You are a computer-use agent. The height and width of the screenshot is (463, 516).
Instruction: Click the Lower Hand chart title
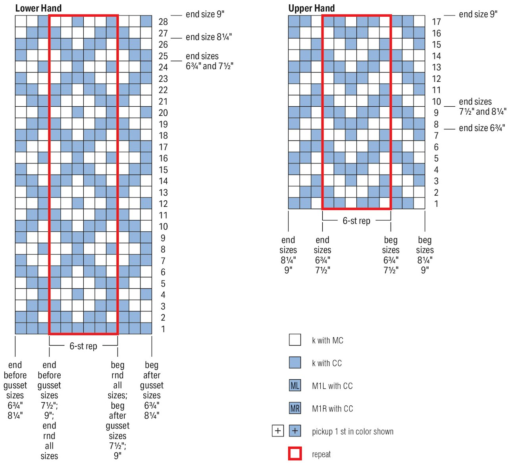(x=38, y=8)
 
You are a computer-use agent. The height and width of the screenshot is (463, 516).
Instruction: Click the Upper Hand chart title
(x=311, y=8)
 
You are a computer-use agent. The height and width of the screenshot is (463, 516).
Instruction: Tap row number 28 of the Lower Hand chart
(x=163, y=22)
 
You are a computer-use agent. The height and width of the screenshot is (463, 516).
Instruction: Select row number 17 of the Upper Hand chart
(x=436, y=22)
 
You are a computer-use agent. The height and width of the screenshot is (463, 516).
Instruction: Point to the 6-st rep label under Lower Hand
(x=83, y=346)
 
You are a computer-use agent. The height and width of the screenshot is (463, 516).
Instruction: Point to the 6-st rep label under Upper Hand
(x=356, y=221)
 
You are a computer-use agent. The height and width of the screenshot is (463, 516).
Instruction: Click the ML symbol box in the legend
(x=295, y=386)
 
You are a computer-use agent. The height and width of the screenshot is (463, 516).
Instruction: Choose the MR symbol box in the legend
(x=295, y=408)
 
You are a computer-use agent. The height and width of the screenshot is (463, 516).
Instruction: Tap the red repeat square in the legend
(x=295, y=453)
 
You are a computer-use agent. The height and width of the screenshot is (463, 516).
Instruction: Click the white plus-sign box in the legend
(x=278, y=431)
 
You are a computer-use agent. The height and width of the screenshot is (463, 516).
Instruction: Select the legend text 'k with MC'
(x=327, y=340)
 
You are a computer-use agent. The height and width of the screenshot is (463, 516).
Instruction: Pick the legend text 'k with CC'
(x=327, y=363)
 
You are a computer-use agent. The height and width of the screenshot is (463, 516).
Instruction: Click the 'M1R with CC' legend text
(x=332, y=409)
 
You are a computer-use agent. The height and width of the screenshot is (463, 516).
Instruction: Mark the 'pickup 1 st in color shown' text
(x=352, y=432)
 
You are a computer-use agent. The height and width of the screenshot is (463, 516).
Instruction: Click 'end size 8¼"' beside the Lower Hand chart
(x=209, y=37)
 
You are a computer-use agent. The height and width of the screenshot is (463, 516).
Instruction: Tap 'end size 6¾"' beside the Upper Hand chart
(x=482, y=128)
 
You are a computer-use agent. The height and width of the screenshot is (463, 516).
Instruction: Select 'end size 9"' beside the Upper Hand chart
(x=478, y=14)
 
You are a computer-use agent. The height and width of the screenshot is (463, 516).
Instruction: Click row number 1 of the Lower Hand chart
(x=163, y=329)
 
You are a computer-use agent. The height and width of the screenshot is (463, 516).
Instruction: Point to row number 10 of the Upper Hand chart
(x=436, y=102)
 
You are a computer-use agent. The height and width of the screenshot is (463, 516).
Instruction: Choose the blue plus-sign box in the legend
(x=295, y=431)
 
